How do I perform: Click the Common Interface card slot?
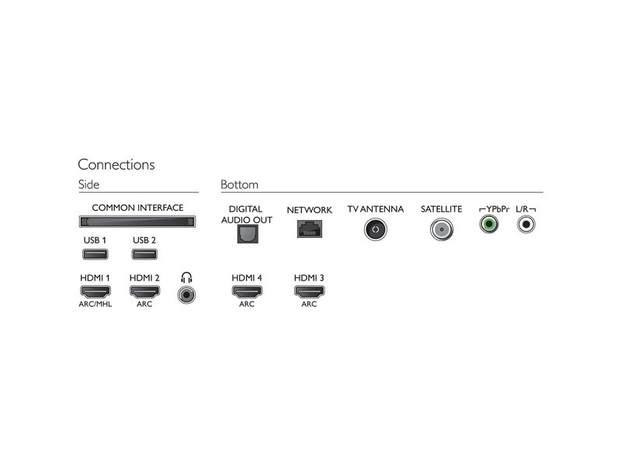tap(137, 222)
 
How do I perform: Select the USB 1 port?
tap(95, 254)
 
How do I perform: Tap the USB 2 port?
tap(144, 254)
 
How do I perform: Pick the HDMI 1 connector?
tap(95, 292)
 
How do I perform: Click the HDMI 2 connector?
tap(144, 292)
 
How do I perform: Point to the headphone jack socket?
tap(186, 294)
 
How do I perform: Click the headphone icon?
tap(186, 277)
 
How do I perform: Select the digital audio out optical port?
tap(248, 233)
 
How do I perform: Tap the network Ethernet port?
tap(310, 229)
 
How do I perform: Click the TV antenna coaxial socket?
tap(376, 229)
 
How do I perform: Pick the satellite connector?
tap(442, 229)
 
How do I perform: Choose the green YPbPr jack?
tap(489, 224)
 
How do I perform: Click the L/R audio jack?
tap(526, 224)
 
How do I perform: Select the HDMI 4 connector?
tap(247, 292)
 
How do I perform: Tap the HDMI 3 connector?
tap(309, 292)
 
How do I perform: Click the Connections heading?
tap(116, 164)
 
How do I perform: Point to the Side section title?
tap(88, 184)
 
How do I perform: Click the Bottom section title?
tap(239, 184)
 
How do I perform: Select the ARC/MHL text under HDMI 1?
tap(95, 304)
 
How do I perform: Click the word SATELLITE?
tap(441, 209)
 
